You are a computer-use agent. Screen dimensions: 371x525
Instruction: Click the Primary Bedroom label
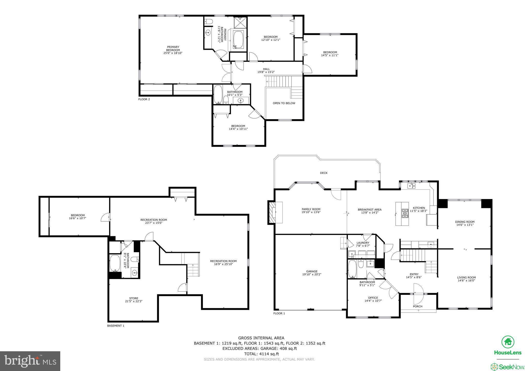point(173,50)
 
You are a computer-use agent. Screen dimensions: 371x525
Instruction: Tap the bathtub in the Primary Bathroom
point(238,40)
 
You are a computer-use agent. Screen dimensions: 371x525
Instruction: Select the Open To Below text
point(284,103)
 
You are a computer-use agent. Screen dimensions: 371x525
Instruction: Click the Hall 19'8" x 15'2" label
point(266,70)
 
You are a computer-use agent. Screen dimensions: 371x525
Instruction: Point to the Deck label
point(324,173)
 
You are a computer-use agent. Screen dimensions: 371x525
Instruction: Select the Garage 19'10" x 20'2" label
point(311,273)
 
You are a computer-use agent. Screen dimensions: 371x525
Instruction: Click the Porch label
point(418,306)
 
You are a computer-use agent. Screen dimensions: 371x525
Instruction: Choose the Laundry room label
point(363,244)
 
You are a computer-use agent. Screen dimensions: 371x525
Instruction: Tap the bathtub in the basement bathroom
point(115,263)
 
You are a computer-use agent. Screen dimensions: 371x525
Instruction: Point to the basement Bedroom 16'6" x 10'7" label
point(78,217)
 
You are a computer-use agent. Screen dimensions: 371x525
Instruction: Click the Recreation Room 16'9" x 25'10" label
point(223,263)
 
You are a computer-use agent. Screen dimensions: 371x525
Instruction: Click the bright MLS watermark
point(30,361)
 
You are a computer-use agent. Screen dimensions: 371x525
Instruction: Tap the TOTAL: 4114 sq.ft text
point(261,354)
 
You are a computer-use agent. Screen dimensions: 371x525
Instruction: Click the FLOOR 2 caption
point(144,99)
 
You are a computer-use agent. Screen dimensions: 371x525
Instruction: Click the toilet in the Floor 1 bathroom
point(361,264)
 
